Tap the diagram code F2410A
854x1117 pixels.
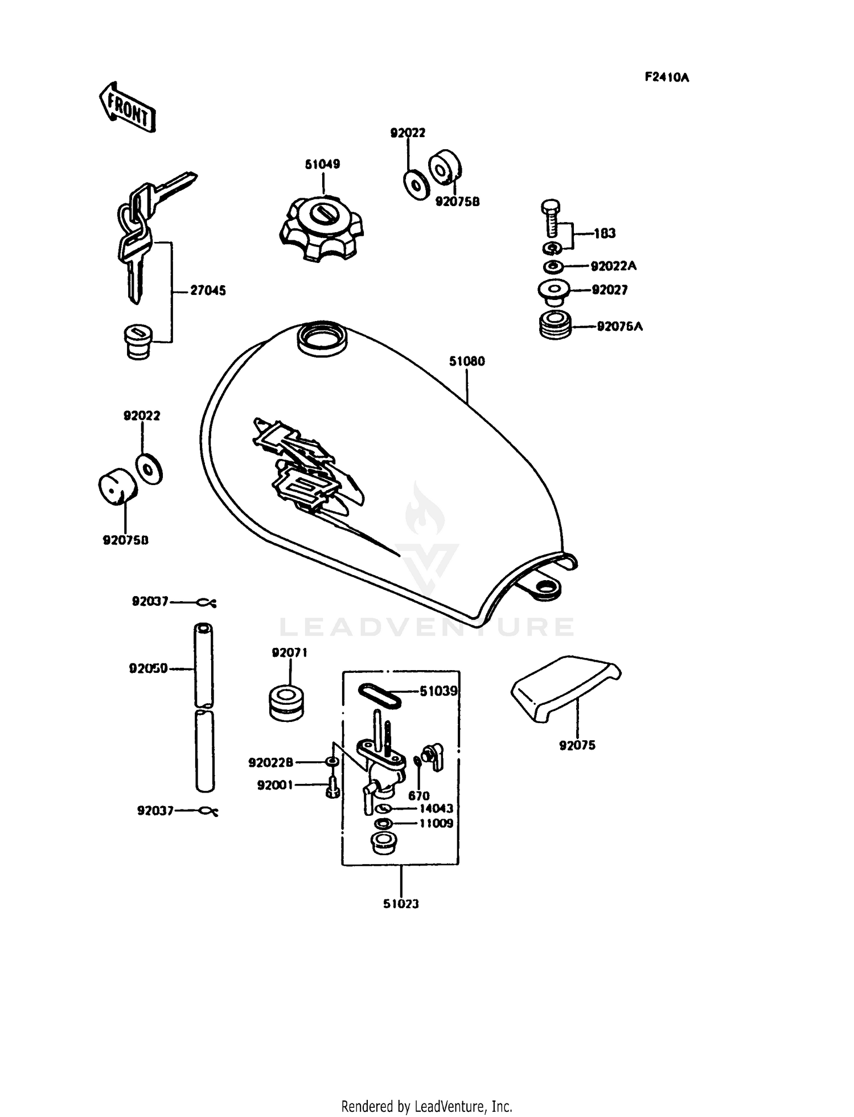[x=667, y=78]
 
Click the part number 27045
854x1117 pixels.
[x=208, y=291]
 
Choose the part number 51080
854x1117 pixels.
[x=467, y=362]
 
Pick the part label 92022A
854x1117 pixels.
[x=614, y=266]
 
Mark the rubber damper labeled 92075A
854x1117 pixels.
[x=556, y=326]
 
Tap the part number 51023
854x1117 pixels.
[x=401, y=904]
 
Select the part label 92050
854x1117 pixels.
[x=148, y=668]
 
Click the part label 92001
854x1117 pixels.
[x=275, y=786]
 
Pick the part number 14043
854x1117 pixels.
[x=436, y=809]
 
